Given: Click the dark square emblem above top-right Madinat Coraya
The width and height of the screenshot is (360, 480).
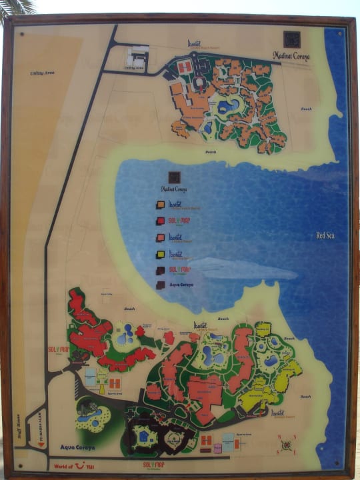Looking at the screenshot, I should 292,39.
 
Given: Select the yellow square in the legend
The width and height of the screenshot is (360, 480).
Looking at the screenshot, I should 160,253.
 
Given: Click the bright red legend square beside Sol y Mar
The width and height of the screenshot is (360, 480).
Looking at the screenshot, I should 160,221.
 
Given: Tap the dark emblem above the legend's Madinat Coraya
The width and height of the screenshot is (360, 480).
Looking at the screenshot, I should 173,177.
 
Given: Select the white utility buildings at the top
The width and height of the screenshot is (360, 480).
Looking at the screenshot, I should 139,56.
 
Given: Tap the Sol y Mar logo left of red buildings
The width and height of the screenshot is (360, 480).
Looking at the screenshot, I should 58,349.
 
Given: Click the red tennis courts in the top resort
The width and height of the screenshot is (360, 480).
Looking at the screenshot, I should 186,67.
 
